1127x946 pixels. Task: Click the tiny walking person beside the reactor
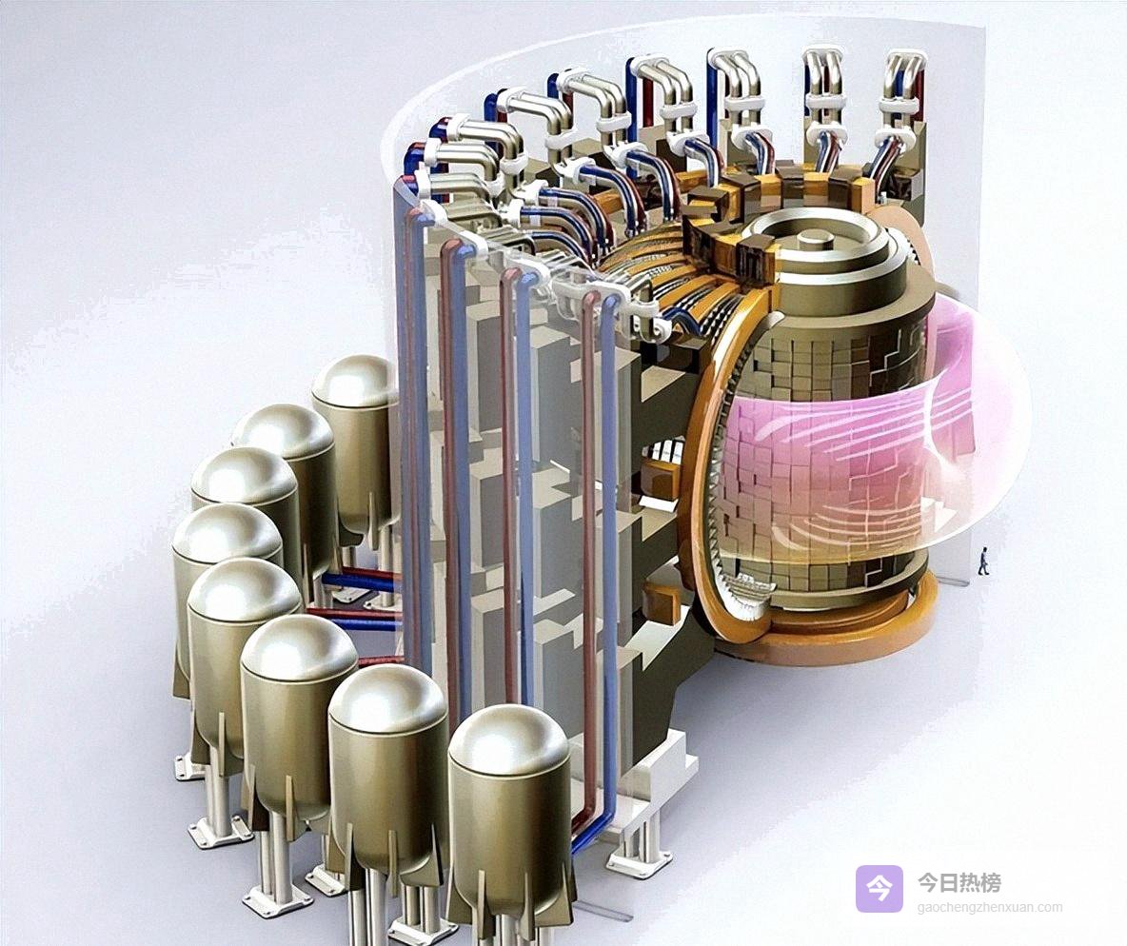[983, 561]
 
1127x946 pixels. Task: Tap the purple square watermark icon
[879, 889]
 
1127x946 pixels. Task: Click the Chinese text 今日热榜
[959, 882]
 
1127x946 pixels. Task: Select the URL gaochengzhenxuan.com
[990, 907]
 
